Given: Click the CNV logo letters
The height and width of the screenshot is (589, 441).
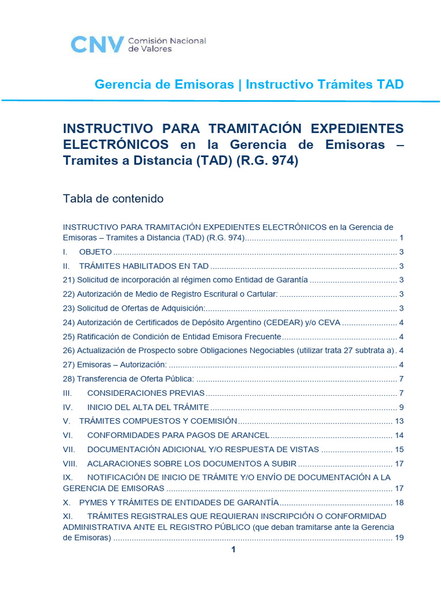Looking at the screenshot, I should (96, 44).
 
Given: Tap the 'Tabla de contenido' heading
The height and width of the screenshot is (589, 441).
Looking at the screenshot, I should (113, 199).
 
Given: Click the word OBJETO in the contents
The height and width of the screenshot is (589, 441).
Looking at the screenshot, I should (95, 252).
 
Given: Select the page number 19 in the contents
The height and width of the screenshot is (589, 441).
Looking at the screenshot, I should (400, 538).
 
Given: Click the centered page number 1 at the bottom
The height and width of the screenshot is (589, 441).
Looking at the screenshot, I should (233, 550).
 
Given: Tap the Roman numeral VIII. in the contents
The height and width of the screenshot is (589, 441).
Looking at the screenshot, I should (69, 463).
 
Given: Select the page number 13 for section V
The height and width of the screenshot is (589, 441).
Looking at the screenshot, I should (400, 421).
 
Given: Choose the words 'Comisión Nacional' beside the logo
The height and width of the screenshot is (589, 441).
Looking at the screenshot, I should (167, 41).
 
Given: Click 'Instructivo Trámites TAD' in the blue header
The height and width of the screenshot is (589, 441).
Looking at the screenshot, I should (324, 85).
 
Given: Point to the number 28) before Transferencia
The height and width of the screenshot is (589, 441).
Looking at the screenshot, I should (69, 378).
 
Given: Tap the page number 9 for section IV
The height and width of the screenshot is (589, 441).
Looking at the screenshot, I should (402, 407).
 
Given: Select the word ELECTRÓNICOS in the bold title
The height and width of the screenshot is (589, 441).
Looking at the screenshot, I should (116, 145).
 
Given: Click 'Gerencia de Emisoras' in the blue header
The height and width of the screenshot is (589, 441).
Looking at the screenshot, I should (164, 85).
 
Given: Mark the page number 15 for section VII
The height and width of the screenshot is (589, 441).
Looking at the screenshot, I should (400, 449).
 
